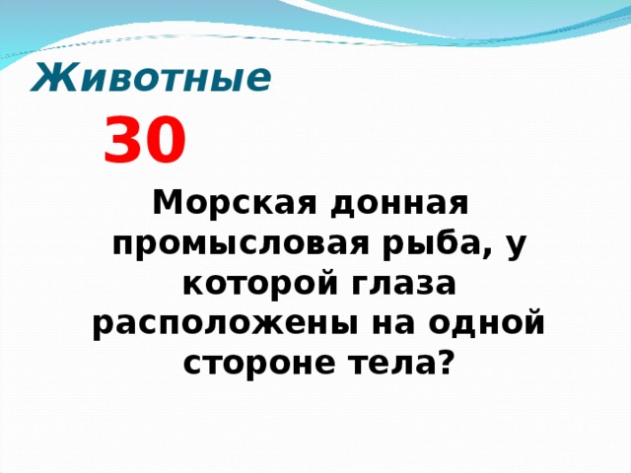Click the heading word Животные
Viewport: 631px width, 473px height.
click(151, 77)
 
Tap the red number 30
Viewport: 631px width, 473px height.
click(144, 141)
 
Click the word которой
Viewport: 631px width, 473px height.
click(259, 285)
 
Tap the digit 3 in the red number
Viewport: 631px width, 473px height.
click(122, 141)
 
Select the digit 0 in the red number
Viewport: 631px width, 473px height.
click(165, 141)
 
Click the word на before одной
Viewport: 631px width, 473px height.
click(413, 324)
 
